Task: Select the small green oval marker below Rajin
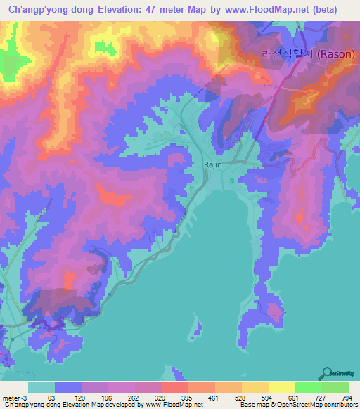(x=232, y=181)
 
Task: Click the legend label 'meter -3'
(x=15, y=397)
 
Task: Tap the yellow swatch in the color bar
(x=281, y=387)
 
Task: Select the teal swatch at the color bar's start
(x=41, y=387)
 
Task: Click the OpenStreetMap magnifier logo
(x=328, y=373)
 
